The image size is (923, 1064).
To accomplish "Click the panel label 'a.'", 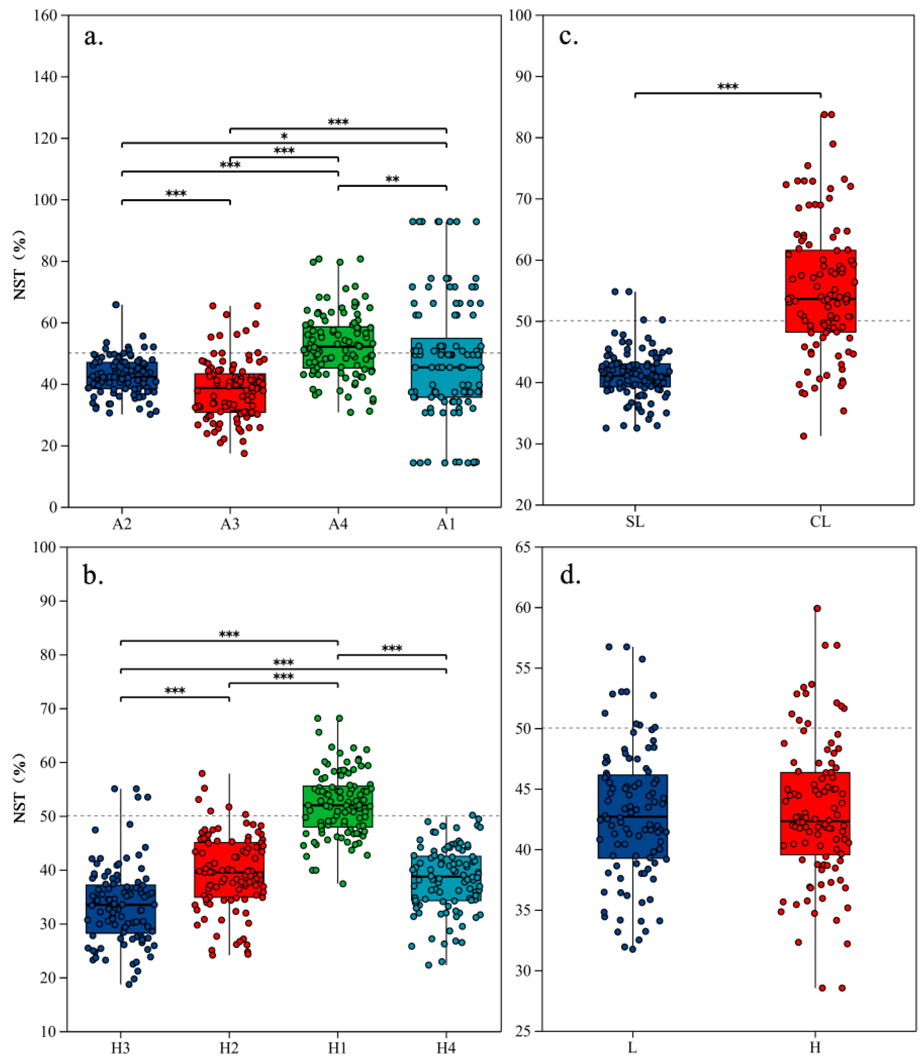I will pos(93,37).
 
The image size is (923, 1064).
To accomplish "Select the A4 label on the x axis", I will pos(338,524).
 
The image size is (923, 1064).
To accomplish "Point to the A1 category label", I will pos(446,524).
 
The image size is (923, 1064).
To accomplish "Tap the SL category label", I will pos(635,522).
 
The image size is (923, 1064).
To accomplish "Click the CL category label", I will pos(820,522).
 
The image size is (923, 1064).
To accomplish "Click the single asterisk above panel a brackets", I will pos(284,137).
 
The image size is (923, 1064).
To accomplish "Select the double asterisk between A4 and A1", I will pos(392,180).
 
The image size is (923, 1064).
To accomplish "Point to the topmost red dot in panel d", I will pos(817,608).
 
